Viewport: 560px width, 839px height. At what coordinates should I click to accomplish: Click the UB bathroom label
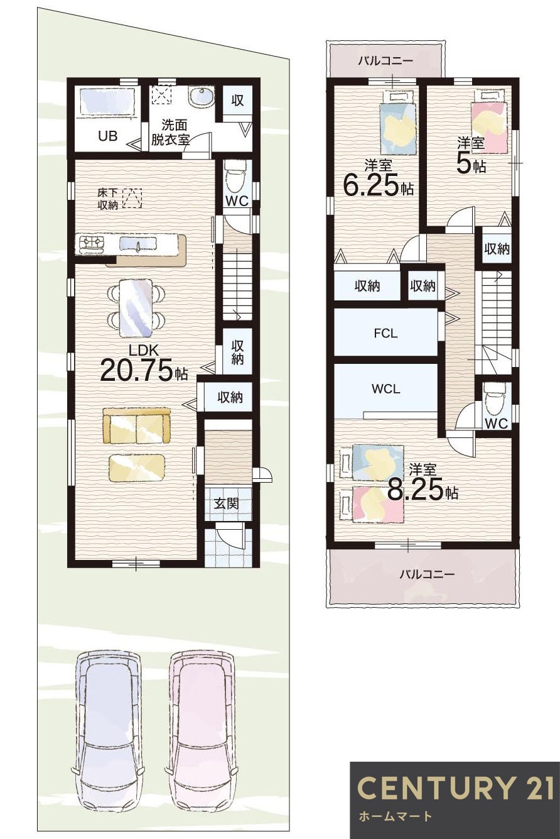[x=107, y=136]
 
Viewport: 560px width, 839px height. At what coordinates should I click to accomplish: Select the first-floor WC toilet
[x=236, y=175]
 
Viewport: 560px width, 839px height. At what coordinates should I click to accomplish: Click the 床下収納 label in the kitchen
[x=107, y=199]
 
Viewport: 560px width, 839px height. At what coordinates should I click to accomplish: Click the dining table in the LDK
[x=136, y=308]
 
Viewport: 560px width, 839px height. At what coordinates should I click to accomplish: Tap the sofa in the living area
[x=137, y=427]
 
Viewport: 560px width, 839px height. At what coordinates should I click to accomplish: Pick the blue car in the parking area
[x=107, y=735]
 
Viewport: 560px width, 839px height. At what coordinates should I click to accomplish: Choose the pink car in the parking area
[x=202, y=735]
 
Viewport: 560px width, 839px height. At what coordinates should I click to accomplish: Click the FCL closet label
[x=385, y=334]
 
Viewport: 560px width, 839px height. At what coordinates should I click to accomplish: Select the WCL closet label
[x=385, y=389]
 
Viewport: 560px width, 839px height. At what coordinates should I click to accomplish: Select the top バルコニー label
[x=385, y=61]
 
